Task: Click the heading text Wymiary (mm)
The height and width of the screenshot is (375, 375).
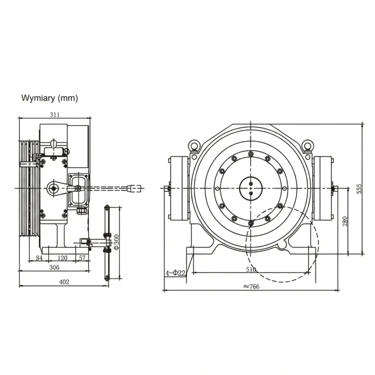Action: tap(50, 98)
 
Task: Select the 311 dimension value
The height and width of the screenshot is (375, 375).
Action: tap(55, 115)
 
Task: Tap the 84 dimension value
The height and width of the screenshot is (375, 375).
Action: tap(39, 258)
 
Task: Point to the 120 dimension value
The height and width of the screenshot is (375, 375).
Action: tap(62, 258)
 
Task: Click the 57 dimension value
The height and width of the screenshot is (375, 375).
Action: tap(82, 258)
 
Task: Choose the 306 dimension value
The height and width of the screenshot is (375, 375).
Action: tap(54, 267)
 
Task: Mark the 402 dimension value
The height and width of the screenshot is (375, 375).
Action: tap(64, 282)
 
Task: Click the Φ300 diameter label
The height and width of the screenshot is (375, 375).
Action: tap(116, 242)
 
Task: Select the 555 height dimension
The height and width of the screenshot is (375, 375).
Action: tap(359, 189)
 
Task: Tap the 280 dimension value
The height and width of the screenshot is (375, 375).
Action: tap(345, 221)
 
